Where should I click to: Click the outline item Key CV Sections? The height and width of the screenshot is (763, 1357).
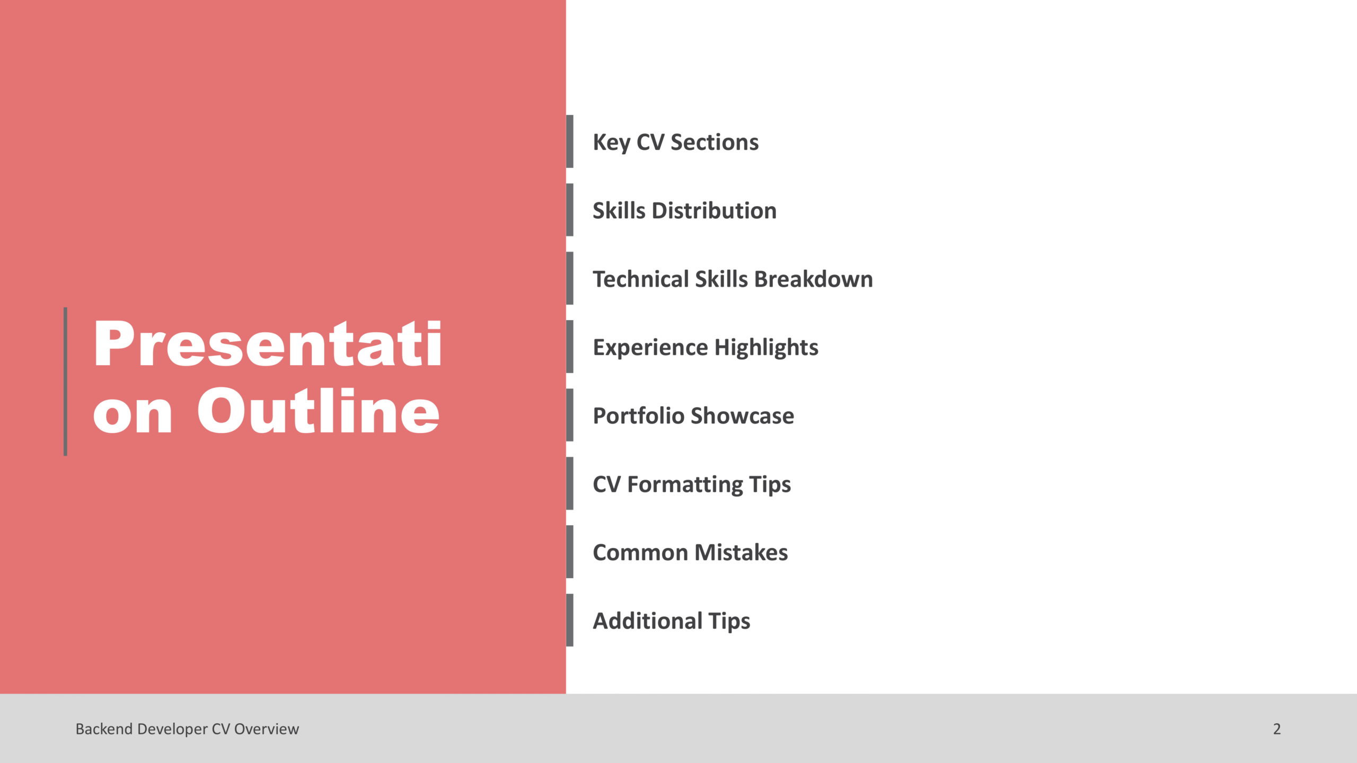(675, 143)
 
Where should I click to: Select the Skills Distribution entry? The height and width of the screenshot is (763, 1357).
(684, 210)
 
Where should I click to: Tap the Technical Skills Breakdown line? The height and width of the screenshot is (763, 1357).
(733, 279)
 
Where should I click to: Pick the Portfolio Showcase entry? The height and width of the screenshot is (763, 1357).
(693, 415)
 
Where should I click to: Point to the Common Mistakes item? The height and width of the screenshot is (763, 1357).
(690, 552)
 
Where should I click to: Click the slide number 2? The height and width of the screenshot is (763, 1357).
(1277, 729)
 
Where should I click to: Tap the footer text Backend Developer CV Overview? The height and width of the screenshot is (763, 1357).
(187, 729)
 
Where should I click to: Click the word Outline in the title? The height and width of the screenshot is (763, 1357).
(318, 411)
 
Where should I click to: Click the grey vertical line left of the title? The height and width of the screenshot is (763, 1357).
(65, 381)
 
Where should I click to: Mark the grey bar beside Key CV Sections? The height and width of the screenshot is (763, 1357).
(570, 141)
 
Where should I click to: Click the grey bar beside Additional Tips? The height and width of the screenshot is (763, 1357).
(570, 620)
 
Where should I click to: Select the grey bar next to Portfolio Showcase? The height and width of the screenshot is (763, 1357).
(570, 415)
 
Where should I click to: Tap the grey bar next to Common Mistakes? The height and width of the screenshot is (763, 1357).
(570, 552)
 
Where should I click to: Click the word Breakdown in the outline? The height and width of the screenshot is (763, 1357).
(814, 279)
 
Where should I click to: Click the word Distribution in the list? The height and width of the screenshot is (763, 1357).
(714, 210)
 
